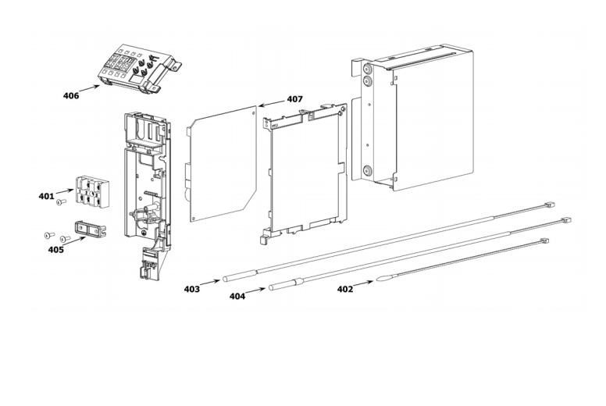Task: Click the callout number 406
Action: pyautogui.click(x=71, y=95)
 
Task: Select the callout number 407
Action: pyautogui.click(x=295, y=99)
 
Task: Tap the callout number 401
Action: pyautogui.click(x=46, y=196)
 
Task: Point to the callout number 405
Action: pyautogui.click(x=55, y=250)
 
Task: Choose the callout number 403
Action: pyautogui.click(x=191, y=289)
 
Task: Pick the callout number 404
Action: pyautogui.click(x=237, y=296)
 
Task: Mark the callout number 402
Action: pyautogui.click(x=345, y=289)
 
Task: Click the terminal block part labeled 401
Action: pyautogui.click(x=91, y=190)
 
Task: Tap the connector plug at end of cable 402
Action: pyautogui.click(x=544, y=240)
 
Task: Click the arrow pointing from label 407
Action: pyautogui.click(x=272, y=103)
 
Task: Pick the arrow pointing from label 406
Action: pyautogui.click(x=90, y=88)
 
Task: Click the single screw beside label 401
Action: pyautogui.click(x=60, y=201)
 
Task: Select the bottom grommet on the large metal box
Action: pyautogui.click(x=366, y=170)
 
